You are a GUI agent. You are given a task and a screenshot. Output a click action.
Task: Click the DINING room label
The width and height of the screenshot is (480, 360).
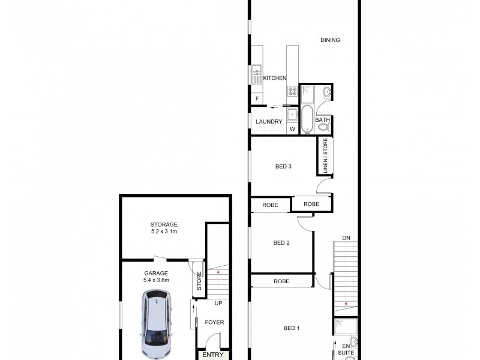tap(330, 40)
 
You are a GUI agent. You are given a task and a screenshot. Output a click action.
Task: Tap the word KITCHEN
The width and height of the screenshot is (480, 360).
tap(274, 78)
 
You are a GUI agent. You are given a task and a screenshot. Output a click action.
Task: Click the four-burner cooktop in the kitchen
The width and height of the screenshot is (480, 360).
tap(292, 91)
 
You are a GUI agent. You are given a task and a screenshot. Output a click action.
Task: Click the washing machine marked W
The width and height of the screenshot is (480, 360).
tap(293, 128)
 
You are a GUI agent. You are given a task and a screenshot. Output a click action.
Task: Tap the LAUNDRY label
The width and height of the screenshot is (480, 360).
tap(268, 122)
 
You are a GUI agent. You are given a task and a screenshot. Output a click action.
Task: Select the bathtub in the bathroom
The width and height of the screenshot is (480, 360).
tap(307, 119)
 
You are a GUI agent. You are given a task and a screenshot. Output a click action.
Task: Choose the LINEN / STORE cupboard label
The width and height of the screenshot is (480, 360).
tap(325, 155)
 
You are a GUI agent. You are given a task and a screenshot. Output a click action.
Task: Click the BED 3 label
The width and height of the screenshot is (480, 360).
tap(283, 166)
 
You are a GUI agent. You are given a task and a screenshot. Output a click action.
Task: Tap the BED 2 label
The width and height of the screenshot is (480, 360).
tap(281, 243)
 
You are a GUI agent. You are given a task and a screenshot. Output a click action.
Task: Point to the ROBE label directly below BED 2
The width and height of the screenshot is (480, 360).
tap(281, 281)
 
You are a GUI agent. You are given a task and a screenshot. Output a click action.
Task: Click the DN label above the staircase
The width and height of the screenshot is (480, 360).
tap(346, 238)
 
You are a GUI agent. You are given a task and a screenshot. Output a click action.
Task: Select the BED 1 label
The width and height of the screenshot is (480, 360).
tap(291, 328)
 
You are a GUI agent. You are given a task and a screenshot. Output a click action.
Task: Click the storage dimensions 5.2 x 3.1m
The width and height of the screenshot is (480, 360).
tap(164, 231)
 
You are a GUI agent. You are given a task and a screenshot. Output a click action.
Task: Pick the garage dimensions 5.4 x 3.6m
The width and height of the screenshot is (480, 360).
tap(156, 280)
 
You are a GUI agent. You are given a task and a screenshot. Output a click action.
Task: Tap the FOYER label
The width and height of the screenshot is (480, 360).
tap(214, 322)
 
